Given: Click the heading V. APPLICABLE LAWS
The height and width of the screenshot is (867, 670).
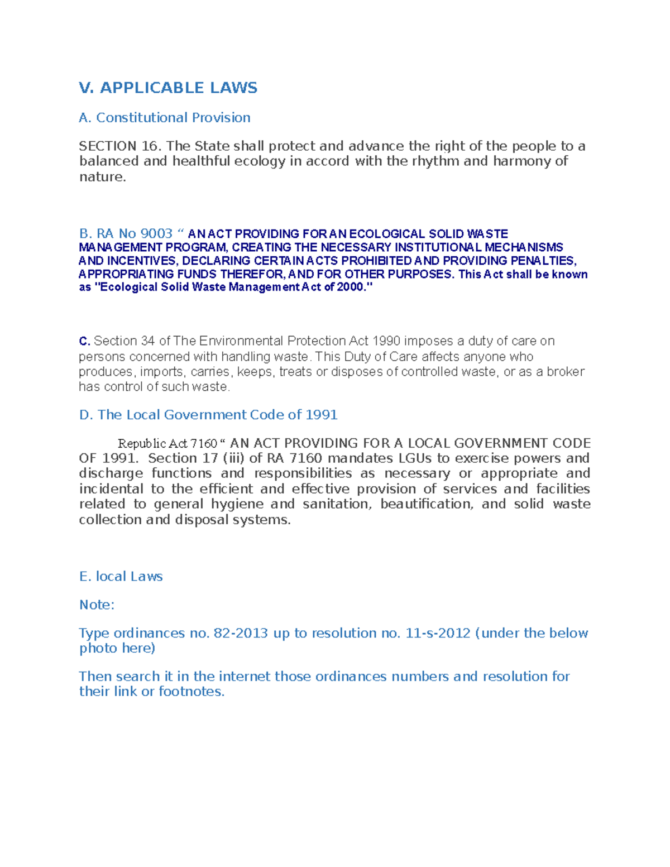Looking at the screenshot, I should tap(168, 88).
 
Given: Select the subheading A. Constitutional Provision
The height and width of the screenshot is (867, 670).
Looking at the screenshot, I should tap(165, 118).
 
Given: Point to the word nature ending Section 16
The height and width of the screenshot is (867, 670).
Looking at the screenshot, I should tap(102, 177).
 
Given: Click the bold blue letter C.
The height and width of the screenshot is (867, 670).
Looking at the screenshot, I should tap(84, 341).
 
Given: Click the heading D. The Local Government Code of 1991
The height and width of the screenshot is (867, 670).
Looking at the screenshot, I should tap(208, 415).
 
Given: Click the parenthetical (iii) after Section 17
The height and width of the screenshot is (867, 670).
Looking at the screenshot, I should tap(234, 458).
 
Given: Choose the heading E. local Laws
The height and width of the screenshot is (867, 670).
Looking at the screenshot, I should tap(121, 577).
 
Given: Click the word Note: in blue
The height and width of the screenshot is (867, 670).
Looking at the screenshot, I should tap(97, 605).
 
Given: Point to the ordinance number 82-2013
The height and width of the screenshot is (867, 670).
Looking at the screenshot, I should tap(241, 633).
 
